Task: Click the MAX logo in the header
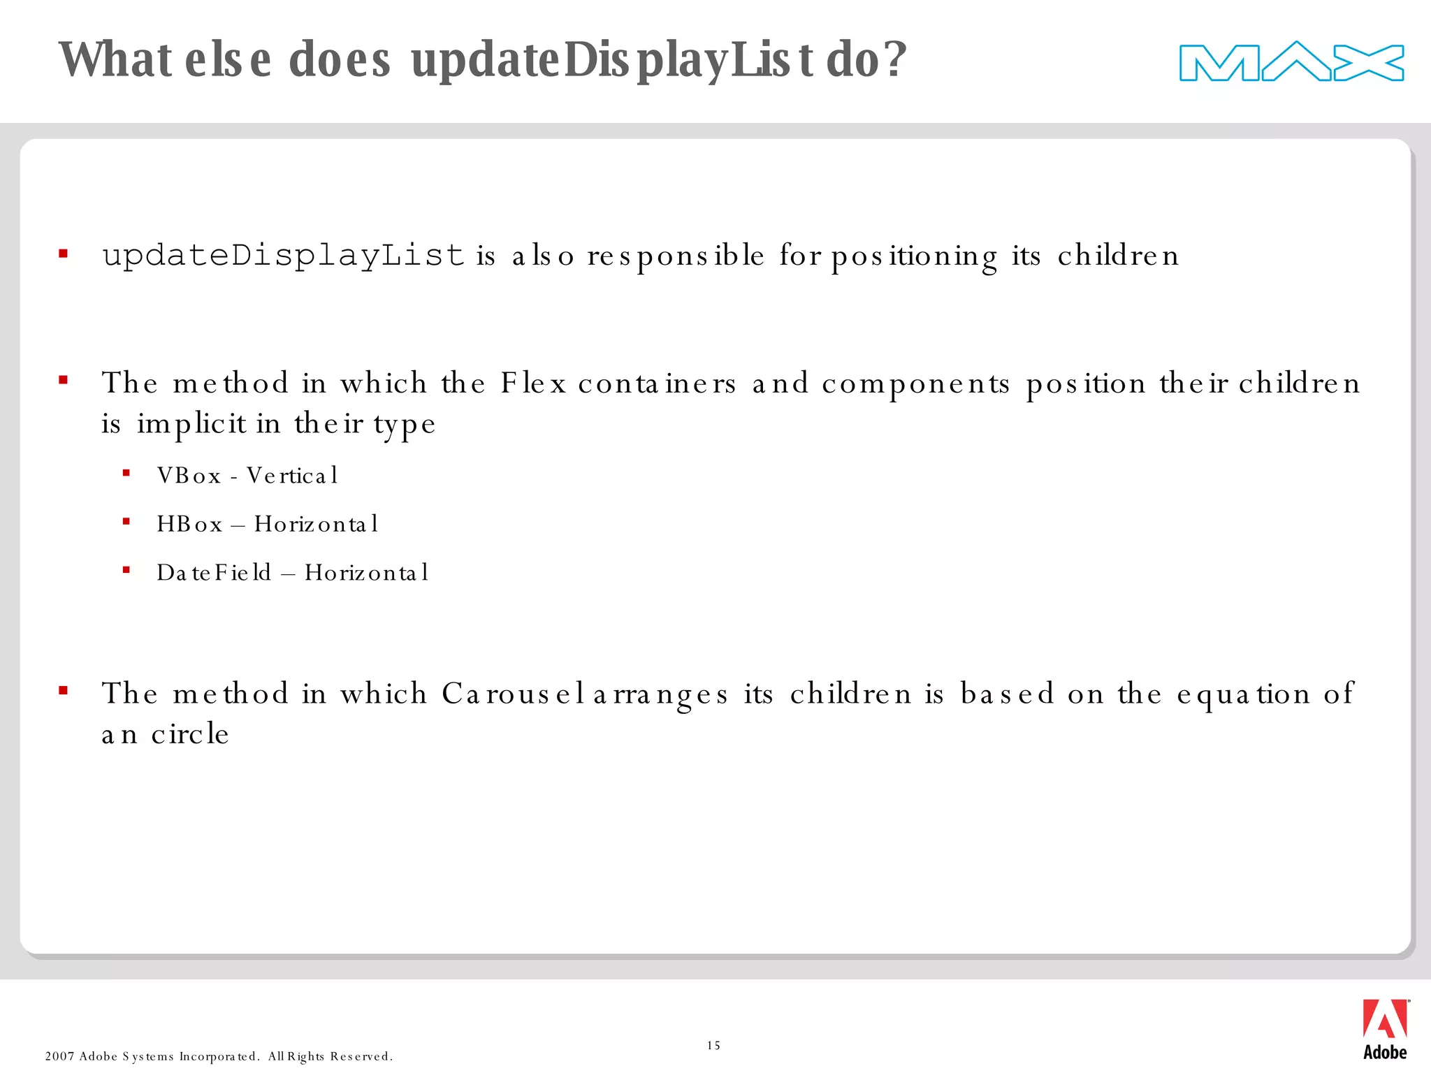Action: click(x=1291, y=62)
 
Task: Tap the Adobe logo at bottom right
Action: click(x=1385, y=1029)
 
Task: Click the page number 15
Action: click(x=713, y=1045)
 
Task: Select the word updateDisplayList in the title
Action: click(x=612, y=60)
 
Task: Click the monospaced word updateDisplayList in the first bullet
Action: click(x=283, y=255)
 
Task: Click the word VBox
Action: click(x=189, y=476)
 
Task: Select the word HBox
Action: click(x=189, y=524)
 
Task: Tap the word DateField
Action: click(x=214, y=573)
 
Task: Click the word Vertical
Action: click(x=292, y=476)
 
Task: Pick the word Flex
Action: click(x=532, y=384)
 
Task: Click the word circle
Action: click(x=190, y=734)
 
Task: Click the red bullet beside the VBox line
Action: click(x=126, y=474)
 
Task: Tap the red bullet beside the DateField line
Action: click(x=126, y=571)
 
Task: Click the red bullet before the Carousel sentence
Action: click(x=64, y=692)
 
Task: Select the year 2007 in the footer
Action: click(x=59, y=1056)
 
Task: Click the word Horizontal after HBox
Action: click(x=316, y=524)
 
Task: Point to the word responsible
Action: click(x=676, y=256)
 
